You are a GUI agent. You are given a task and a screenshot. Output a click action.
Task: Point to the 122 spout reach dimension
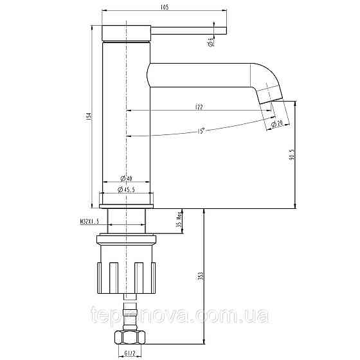199,106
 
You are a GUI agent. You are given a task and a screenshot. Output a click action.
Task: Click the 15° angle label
201,131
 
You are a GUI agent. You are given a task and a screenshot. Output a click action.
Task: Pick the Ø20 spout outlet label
278,123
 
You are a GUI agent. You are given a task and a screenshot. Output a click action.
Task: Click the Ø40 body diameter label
127,178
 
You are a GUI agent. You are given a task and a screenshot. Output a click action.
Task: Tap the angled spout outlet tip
269,96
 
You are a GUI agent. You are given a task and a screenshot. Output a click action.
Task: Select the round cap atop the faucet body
127,33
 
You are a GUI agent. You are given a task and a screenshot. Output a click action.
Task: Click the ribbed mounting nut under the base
127,269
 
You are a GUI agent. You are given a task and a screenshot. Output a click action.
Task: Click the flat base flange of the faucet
127,205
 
